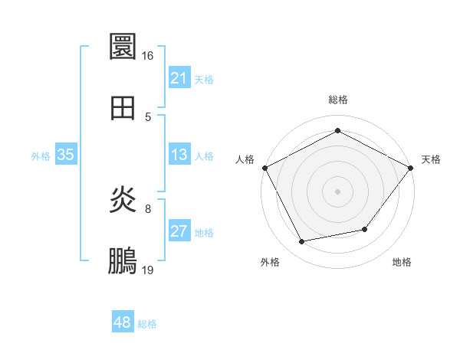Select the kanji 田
[123, 108]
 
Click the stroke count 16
[148, 56]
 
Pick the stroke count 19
[148, 270]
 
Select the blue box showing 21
[179, 78]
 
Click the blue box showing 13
[179, 155]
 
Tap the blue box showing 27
[179, 231]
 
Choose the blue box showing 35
[65, 155]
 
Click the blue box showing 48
[123, 322]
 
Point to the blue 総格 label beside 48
[147, 324]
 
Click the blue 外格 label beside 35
[41, 156]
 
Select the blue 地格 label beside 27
[204, 233]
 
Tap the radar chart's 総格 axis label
[338, 100]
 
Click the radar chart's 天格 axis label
[432, 159]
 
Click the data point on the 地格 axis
[365, 229]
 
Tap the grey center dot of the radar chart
[338, 191]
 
